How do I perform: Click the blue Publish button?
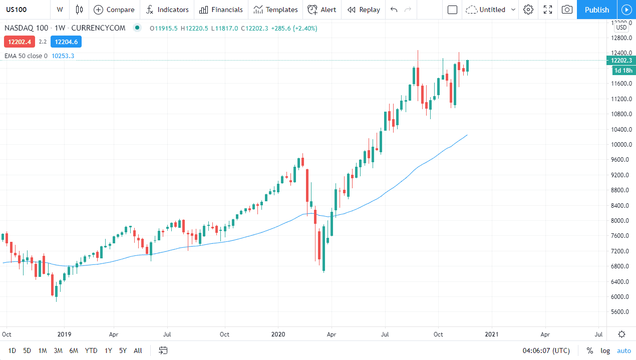596,10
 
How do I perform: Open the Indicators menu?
167,10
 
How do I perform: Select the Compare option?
114,10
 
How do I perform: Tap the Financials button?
221,10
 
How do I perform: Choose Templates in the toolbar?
275,10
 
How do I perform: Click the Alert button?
322,10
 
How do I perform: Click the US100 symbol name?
17,10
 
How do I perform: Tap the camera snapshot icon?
567,10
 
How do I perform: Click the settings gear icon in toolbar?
528,10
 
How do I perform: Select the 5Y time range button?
123,350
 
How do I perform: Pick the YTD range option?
91,350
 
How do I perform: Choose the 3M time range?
58,350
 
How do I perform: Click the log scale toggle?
605,350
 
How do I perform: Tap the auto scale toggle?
624,350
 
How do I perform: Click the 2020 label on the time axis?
278,334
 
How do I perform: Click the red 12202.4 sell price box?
19,42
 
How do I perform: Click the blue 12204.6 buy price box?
66,42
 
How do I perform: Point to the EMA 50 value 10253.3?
63,56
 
